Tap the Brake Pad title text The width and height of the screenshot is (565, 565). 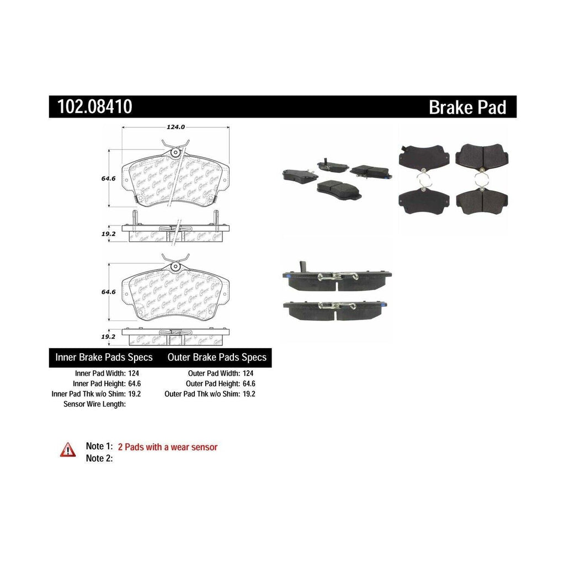[467, 107]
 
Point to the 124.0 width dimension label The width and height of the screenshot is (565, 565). [175, 127]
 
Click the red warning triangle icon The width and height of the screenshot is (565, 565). [68, 450]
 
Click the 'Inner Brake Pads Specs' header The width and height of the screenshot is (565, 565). [104, 358]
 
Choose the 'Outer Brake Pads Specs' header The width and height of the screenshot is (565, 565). [217, 358]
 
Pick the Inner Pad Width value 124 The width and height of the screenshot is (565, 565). [134, 372]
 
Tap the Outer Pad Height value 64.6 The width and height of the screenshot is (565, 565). [248, 383]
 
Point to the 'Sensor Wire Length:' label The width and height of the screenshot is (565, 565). [95, 404]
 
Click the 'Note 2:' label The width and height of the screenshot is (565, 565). [99, 458]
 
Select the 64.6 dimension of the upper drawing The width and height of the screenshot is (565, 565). [108, 178]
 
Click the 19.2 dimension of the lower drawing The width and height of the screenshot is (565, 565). [108, 335]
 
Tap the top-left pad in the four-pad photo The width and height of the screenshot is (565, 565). [424, 158]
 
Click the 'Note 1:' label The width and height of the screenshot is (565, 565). [99, 447]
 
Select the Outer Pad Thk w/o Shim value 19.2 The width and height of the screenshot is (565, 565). [248, 394]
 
